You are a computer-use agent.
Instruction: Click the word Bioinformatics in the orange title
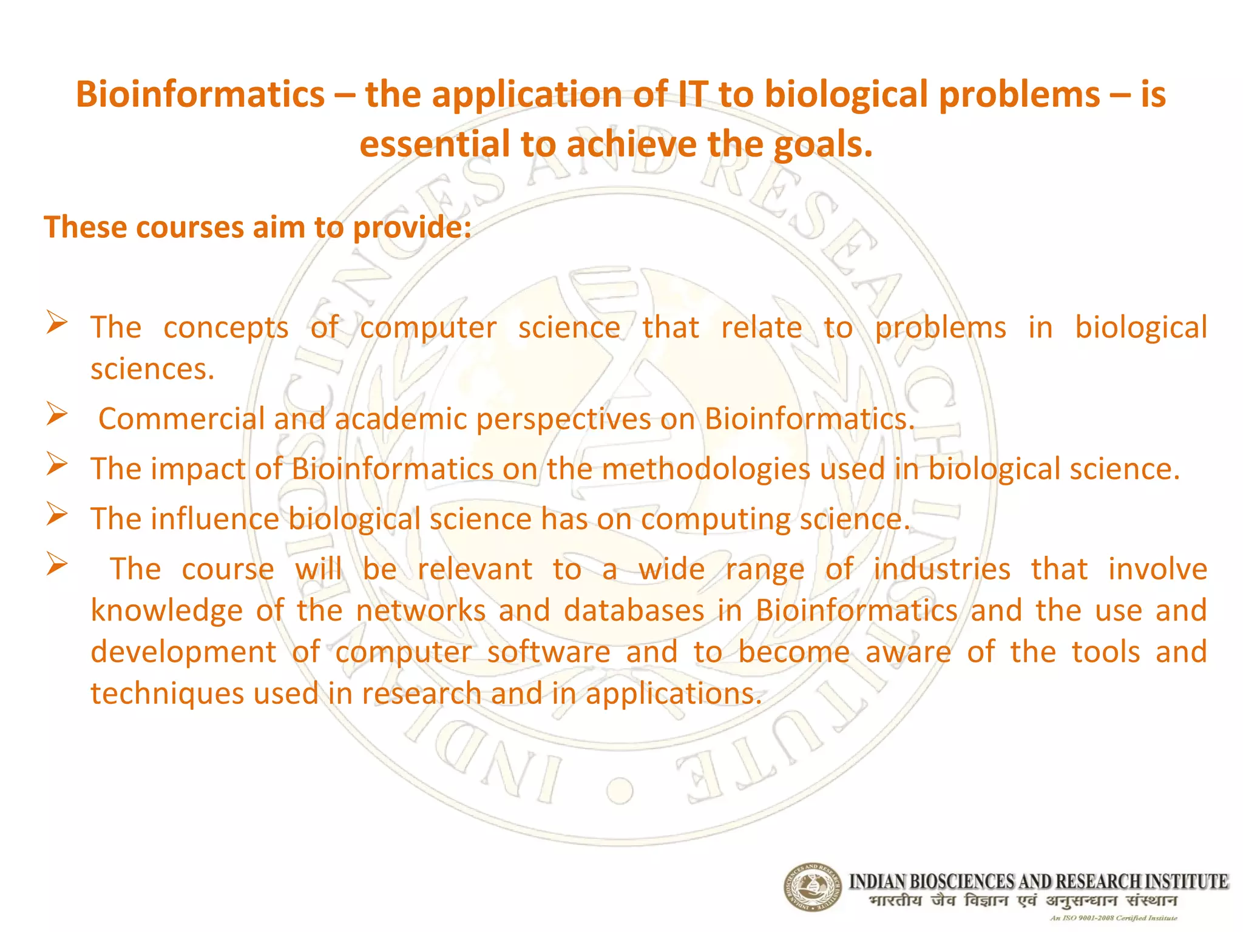pos(200,95)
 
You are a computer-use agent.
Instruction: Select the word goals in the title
pos(822,145)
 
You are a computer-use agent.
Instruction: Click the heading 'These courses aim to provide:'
pos(257,228)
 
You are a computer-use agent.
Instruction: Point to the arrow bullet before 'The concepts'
pos(56,322)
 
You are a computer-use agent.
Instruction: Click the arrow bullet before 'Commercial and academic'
pos(56,415)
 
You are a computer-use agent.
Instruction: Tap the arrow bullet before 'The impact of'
pos(56,465)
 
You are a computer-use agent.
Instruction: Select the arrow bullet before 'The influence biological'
pos(56,515)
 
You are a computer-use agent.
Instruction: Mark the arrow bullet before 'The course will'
pos(56,564)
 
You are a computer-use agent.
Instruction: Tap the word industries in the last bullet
pos(942,570)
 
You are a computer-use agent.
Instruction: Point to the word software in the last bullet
pos(548,652)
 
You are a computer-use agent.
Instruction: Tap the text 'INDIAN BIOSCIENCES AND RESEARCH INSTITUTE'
pos(1038,881)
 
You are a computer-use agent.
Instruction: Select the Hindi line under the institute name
pos(1023,901)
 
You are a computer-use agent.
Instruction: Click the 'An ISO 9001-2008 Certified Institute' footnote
pos(1114,918)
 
